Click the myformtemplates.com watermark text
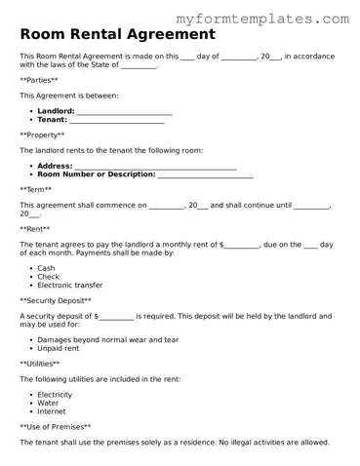(x=276, y=19)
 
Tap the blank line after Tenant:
(x=116, y=120)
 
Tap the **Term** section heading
(x=36, y=189)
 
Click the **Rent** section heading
(x=35, y=228)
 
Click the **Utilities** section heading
(x=40, y=363)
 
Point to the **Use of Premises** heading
(x=56, y=426)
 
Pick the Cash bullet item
(x=46, y=268)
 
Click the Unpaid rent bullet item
(x=58, y=348)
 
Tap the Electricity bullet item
(x=55, y=395)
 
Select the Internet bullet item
(x=52, y=410)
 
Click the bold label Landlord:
(x=56, y=112)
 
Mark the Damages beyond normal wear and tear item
(x=107, y=339)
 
